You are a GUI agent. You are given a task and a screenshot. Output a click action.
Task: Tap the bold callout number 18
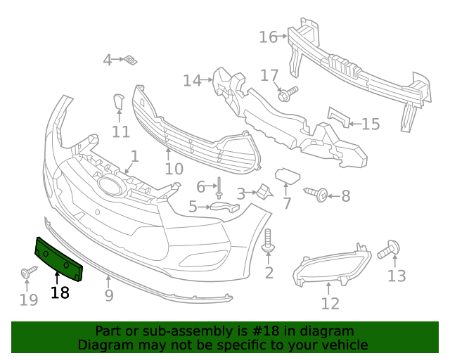pos(60,292)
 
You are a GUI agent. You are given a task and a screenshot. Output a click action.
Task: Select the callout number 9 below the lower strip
pos(109,296)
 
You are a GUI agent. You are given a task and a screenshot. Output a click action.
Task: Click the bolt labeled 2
pos(268,243)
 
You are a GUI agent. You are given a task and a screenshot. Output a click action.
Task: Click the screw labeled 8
pos(317,193)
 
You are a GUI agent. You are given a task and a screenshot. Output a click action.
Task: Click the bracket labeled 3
pos(264,191)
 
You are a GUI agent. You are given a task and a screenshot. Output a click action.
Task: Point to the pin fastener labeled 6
pos(219,186)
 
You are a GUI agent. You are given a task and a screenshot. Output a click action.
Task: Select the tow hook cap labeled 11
pos(118,103)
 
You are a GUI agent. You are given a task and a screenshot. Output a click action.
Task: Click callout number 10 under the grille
pos(174,169)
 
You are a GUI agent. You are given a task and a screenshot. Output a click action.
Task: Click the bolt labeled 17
pos(288,94)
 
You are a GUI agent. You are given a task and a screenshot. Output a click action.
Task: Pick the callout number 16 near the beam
pos(269,37)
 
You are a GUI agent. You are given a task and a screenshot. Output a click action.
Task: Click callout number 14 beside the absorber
pos(192,81)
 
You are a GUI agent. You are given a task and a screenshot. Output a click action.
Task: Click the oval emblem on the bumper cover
pos(110,185)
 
